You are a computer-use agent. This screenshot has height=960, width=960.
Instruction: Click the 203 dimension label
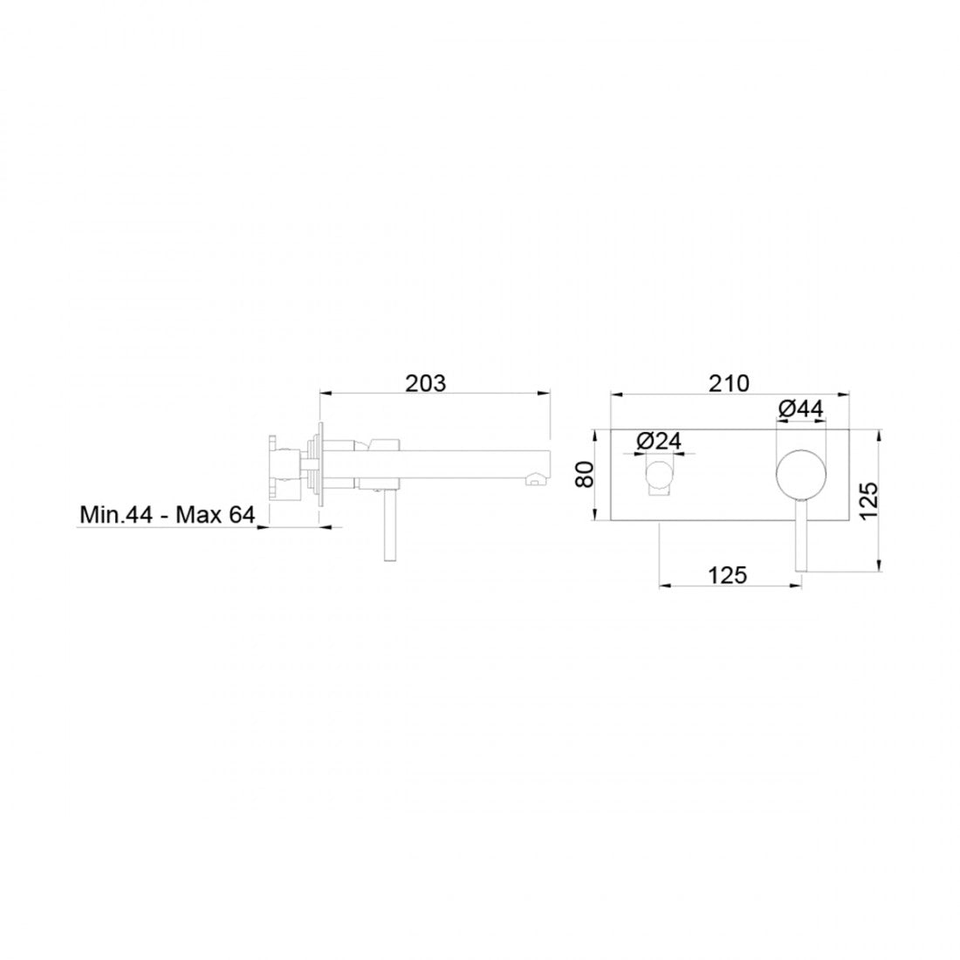pos(426,383)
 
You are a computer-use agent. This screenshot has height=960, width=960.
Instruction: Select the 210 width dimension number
pos(729,383)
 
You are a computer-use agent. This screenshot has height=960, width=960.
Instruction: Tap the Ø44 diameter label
pos(801,408)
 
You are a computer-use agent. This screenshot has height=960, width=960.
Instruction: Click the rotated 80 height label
pos(586,474)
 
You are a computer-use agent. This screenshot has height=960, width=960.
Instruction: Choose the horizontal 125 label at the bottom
pos(727,575)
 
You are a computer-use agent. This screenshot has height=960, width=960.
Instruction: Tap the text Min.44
pos(116,514)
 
